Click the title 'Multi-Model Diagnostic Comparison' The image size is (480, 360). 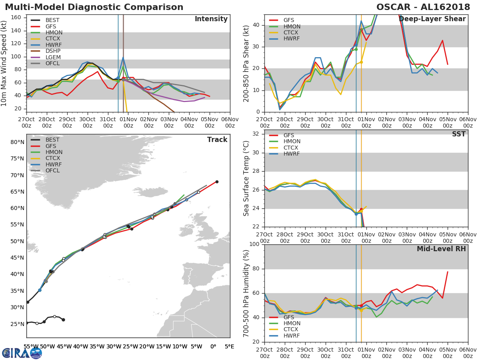pyautogui.click(x=94, y=7)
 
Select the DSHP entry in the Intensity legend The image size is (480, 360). pyautogui.click(x=53, y=51)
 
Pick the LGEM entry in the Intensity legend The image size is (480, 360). pyautogui.click(x=53, y=58)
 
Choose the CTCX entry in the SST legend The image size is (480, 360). pyautogui.click(x=292, y=148)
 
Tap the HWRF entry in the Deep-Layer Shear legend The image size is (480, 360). pyautogui.click(x=292, y=39)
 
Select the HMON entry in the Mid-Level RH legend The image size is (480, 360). pyautogui.click(x=292, y=324)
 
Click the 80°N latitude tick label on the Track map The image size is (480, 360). pyautogui.click(x=17, y=142)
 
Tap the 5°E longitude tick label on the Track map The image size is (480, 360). pyautogui.click(x=230, y=346)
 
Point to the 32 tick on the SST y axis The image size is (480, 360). pyautogui.click(x=256, y=134)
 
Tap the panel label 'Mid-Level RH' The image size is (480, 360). pyautogui.click(x=441, y=249)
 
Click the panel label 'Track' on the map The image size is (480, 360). pyautogui.click(x=217, y=140)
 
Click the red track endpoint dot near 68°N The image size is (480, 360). pyautogui.click(x=217, y=182)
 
